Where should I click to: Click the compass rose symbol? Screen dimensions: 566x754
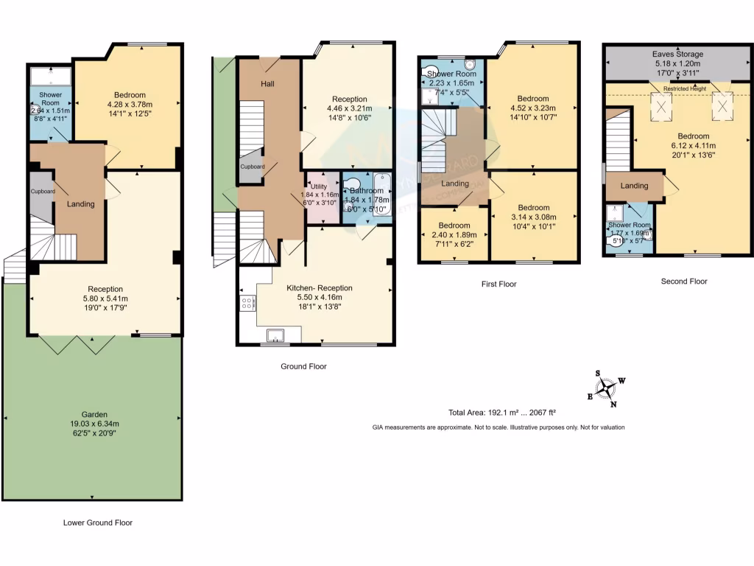click(x=607, y=388)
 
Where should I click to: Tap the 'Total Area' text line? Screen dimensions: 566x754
click(x=500, y=413)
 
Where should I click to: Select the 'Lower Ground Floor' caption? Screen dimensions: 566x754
click(x=97, y=523)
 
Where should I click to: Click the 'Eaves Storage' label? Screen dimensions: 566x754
click(x=677, y=55)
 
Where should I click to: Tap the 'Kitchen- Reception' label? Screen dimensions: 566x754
click(x=319, y=288)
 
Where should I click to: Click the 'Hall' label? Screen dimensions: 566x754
click(x=267, y=84)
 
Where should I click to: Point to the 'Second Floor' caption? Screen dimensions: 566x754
click(x=684, y=281)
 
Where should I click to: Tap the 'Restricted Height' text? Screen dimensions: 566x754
click(x=684, y=88)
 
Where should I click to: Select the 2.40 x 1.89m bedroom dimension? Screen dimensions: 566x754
click(x=454, y=236)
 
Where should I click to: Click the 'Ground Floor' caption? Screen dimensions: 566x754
click(x=303, y=366)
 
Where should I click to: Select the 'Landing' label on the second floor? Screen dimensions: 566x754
click(x=634, y=186)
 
